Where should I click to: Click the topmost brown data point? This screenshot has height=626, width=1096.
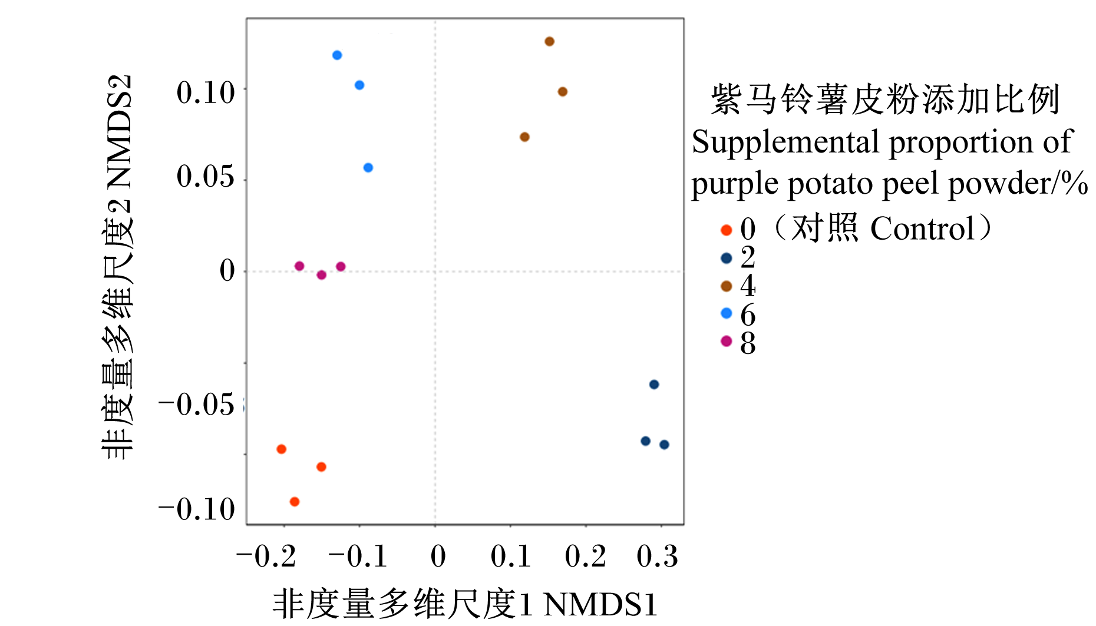coord(549,41)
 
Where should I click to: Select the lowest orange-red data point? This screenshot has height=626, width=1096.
coord(295,502)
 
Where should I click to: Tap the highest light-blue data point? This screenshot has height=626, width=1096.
coord(337,55)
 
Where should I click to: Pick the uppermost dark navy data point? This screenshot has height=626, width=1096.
coord(654,385)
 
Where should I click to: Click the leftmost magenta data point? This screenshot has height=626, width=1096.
coord(299,266)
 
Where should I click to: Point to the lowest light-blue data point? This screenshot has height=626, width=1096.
coord(368,168)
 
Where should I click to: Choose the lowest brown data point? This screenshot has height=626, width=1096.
coord(524,137)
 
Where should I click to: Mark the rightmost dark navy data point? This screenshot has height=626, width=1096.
coord(664,445)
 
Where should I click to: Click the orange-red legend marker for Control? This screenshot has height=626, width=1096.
coord(727,230)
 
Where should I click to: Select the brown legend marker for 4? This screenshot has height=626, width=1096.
coord(727,286)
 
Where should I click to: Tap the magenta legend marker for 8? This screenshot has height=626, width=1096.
coord(727,341)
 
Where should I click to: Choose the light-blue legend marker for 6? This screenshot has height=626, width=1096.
coord(727,313)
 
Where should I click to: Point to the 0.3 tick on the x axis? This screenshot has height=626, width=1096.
coord(661,525)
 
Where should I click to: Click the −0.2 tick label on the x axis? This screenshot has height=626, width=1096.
coord(266,557)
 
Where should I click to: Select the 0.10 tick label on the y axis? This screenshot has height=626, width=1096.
coord(206,93)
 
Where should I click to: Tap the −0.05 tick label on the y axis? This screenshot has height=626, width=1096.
coord(196,405)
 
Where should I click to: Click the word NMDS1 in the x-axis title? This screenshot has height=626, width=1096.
coord(600,605)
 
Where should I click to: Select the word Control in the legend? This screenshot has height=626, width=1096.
coord(923,228)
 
